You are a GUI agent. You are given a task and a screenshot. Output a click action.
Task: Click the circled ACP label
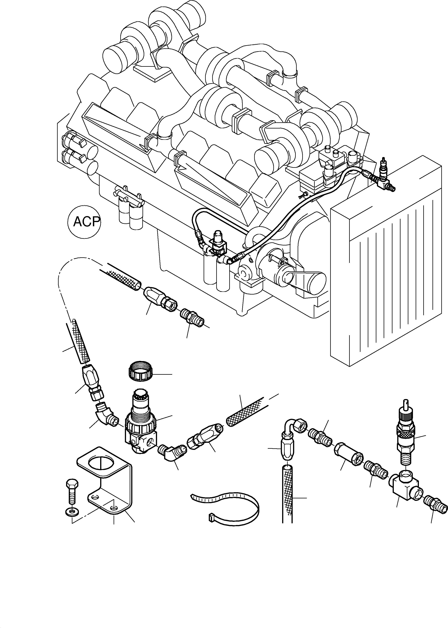84,221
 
